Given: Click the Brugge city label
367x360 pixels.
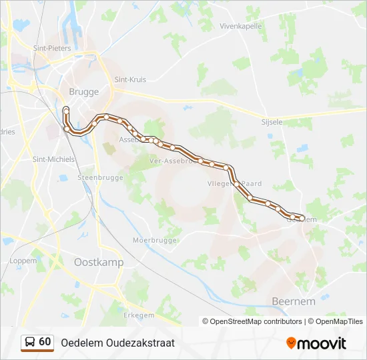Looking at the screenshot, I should click(83, 92).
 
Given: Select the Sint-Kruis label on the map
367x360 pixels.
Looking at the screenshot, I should click(130, 79).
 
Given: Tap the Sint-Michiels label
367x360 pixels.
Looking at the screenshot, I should click(53, 159).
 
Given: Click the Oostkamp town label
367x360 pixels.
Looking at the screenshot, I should click(98, 263).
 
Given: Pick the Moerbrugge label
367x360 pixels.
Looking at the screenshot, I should click(154, 239).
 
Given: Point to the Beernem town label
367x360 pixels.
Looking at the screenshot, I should click(294, 301).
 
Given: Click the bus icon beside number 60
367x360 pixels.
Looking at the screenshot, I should click(30, 342).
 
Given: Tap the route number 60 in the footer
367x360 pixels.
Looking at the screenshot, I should click(45, 342).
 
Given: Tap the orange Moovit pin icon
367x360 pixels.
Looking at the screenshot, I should click(291, 343).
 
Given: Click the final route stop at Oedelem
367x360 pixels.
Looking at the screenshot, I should click(302, 218).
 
